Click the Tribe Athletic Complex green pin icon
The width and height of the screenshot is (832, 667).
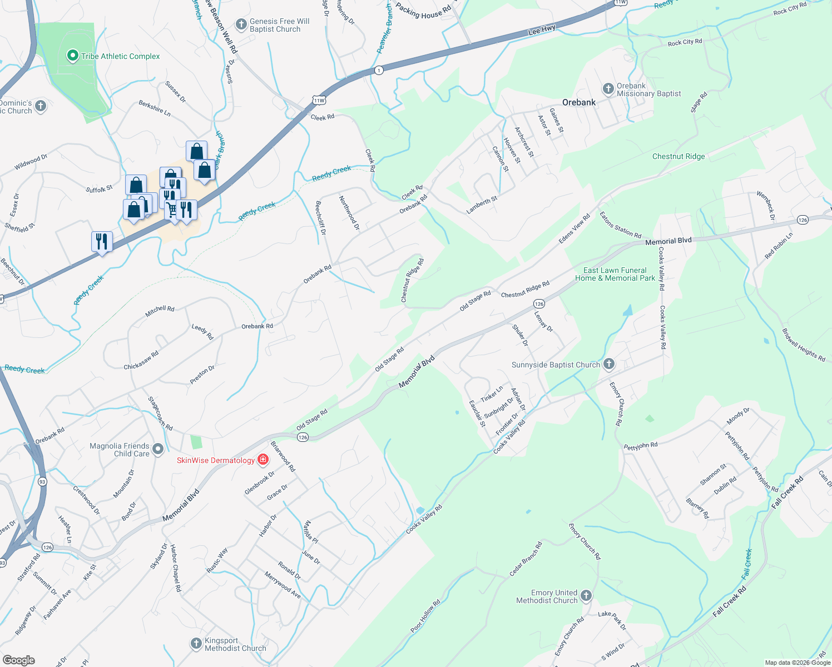72,56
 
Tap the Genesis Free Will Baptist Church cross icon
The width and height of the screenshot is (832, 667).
241,24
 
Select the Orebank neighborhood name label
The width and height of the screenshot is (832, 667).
578,102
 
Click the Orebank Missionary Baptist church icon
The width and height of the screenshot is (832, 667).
608,89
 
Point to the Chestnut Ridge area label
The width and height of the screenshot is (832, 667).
678,156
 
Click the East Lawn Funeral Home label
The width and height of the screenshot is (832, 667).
615,274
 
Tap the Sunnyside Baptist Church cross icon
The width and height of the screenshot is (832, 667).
609,364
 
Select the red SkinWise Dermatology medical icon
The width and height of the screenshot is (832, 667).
263,460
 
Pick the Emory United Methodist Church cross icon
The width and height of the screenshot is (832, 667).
586,596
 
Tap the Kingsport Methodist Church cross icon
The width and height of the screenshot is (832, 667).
196,644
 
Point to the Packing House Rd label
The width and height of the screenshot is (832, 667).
423,11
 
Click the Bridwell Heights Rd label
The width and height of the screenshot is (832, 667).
804,345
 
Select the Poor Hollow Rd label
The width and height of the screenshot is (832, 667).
425,616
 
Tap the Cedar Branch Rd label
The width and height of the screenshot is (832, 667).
526,559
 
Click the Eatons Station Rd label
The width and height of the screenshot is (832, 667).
620,225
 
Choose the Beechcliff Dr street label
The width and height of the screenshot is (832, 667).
320,218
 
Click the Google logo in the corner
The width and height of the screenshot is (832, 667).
18,660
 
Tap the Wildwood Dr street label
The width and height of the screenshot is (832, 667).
31,162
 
